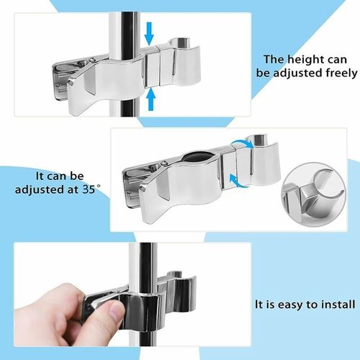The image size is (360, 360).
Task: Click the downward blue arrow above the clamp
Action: click(149, 34)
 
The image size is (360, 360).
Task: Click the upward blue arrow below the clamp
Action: click(150, 99)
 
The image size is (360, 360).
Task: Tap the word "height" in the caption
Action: click(305, 60)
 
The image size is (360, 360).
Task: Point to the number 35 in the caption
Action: click(89, 189)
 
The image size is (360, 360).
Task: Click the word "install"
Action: click(338, 305)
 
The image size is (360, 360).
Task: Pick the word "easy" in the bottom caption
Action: click(290, 305)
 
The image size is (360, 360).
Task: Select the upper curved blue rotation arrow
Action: click(243, 143)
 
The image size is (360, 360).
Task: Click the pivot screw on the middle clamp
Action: click(164, 163)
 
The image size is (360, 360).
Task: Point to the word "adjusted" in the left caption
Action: click(40, 190)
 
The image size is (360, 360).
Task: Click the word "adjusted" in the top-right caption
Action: click(298, 73)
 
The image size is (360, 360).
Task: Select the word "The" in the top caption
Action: click(274, 60)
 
